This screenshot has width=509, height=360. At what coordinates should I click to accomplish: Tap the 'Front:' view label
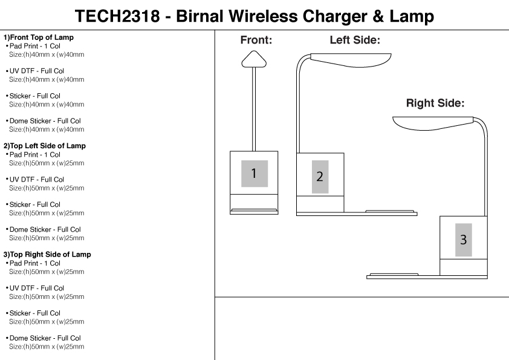(256, 41)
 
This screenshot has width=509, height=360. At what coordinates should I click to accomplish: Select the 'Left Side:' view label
(354, 40)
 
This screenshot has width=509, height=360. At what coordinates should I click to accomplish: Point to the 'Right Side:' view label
(435, 103)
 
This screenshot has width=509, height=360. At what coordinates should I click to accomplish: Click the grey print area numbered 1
(254, 174)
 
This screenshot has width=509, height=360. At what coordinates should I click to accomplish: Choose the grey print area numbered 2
(320, 177)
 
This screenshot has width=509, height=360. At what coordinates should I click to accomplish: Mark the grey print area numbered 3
(463, 240)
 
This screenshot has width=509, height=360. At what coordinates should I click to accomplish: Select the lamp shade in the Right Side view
(432, 123)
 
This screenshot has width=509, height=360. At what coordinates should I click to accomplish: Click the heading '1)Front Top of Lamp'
(39, 38)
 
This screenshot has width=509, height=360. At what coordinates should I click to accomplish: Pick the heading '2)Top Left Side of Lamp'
(45, 146)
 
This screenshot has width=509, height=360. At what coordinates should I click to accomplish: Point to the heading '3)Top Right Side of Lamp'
(47, 255)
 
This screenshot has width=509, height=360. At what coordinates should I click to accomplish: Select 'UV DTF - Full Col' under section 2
(36, 180)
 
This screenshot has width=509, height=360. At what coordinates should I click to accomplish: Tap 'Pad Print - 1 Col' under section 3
(35, 263)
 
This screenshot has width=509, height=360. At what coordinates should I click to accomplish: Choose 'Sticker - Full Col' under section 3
(34, 313)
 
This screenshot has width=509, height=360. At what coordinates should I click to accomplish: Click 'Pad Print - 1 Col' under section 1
(35, 46)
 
